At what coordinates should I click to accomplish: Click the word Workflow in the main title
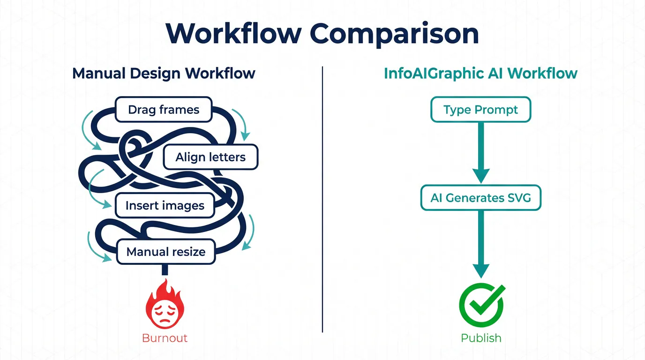click(x=233, y=34)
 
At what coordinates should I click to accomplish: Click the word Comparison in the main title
click(x=395, y=34)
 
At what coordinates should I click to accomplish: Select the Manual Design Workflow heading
click(x=164, y=74)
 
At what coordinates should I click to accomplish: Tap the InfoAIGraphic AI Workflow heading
click(x=480, y=74)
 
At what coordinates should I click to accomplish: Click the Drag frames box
click(x=164, y=110)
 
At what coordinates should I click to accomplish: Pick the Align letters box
click(x=210, y=157)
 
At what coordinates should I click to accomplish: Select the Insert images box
click(x=165, y=205)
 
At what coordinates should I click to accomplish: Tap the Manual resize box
click(x=166, y=252)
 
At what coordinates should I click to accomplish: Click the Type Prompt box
click(x=480, y=110)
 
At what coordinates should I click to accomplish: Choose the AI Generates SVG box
click(x=480, y=198)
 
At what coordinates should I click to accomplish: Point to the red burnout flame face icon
click(x=165, y=305)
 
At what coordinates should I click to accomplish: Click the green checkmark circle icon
click(x=481, y=305)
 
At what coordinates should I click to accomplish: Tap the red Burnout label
click(x=165, y=338)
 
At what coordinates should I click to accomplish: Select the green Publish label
click(x=481, y=338)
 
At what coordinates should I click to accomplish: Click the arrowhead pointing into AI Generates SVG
click(x=480, y=176)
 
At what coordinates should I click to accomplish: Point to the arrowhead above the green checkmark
click(x=481, y=270)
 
